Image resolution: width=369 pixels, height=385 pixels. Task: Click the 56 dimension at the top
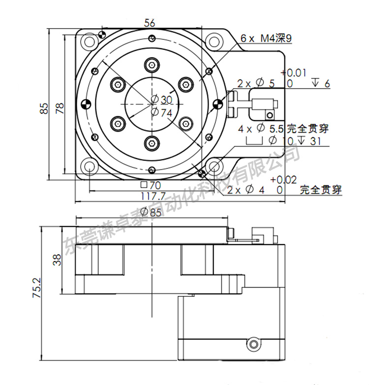(x=150, y=22)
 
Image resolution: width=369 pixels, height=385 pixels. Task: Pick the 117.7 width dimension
(x=151, y=196)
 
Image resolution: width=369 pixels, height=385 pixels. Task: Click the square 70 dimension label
(x=151, y=186)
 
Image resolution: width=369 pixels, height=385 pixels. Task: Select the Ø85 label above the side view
(x=151, y=213)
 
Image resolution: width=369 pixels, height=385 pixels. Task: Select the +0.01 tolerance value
(x=295, y=73)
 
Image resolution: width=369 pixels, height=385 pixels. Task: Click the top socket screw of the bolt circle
(x=152, y=65)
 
